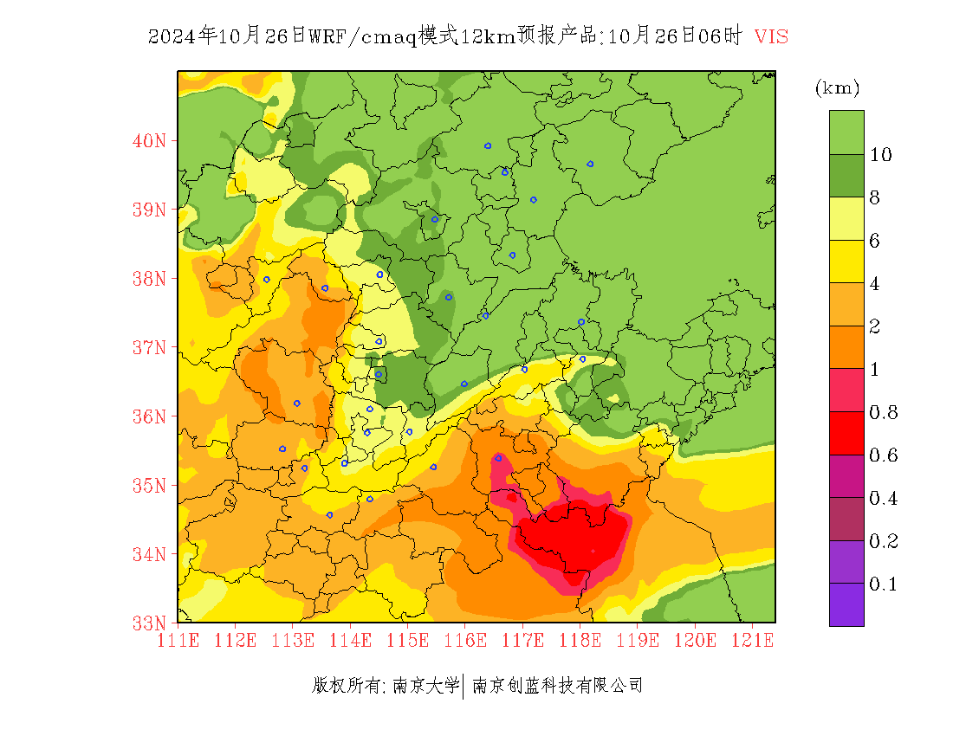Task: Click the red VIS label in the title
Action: coord(771,36)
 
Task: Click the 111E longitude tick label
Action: coord(178,641)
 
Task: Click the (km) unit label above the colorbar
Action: coord(837,88)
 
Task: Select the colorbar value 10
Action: coord(881,155)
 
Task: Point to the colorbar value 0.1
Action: coord(883,584)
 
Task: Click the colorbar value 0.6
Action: coord(883,455)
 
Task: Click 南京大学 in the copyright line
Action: coord(425,686)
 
